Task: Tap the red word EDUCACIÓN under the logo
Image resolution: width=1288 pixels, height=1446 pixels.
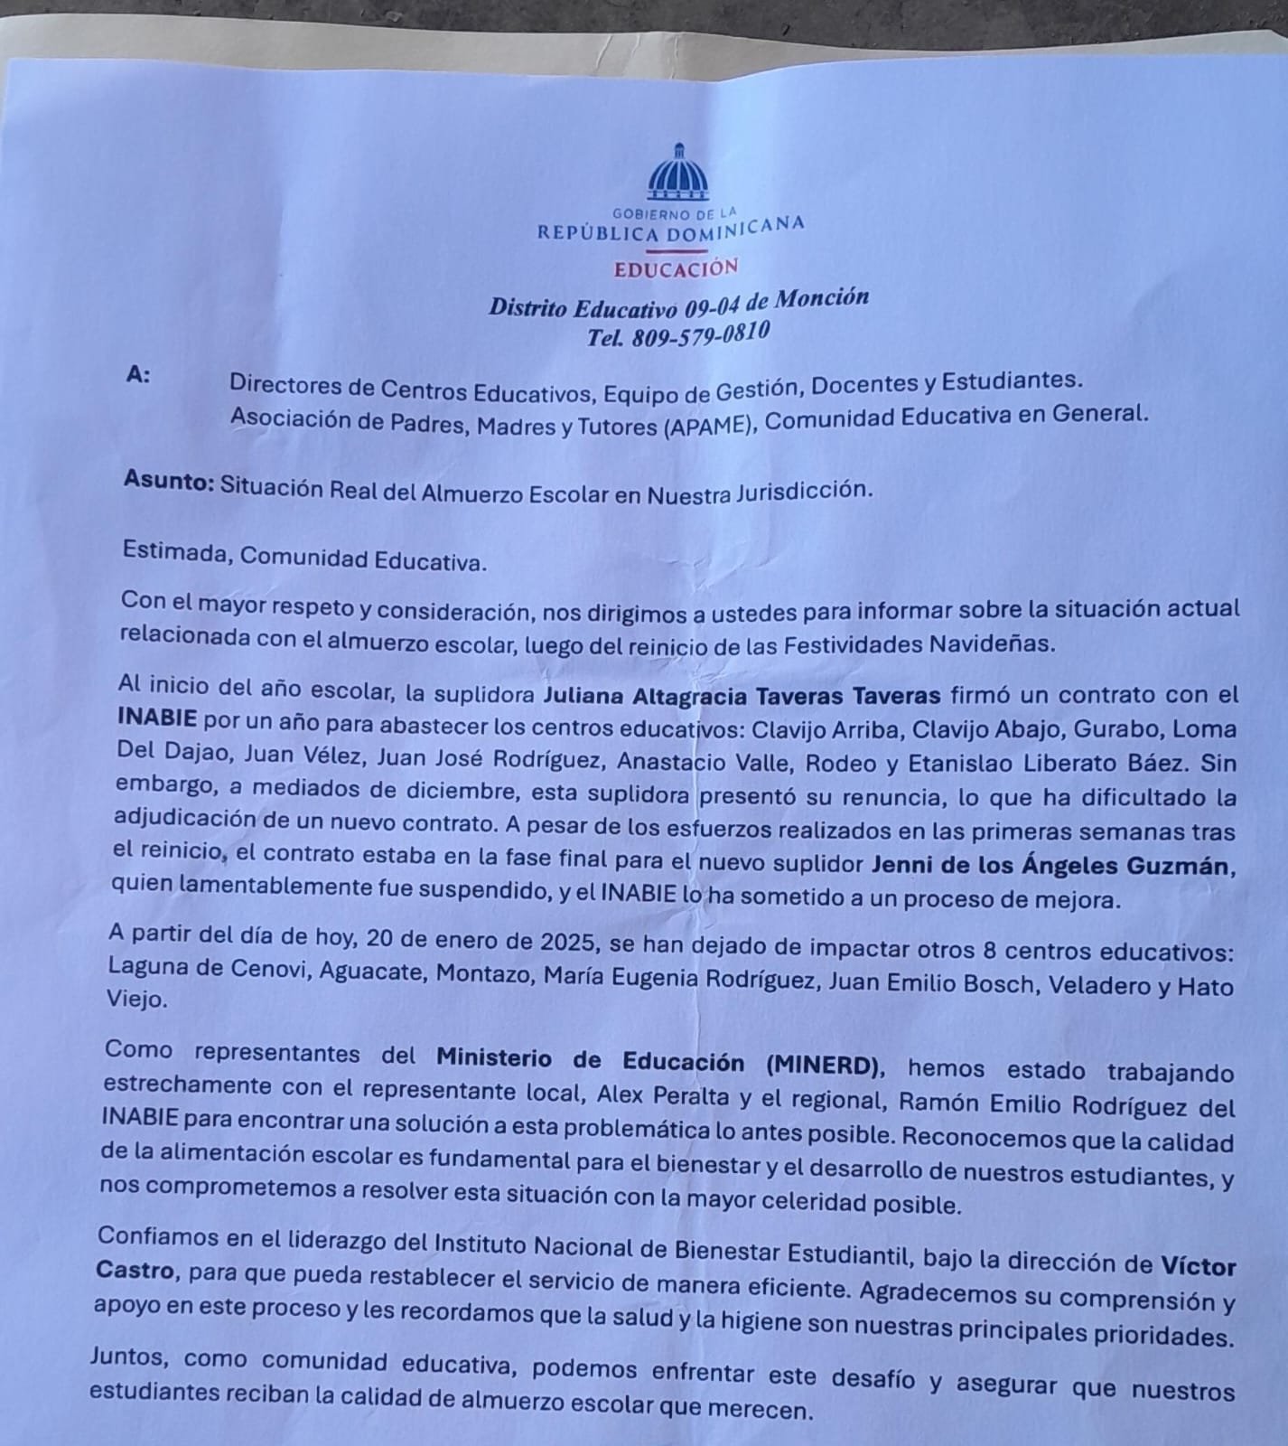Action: pos(676,268)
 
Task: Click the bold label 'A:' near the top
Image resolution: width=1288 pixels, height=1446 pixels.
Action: pos(138,375)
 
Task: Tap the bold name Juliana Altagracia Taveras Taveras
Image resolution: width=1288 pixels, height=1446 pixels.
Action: pos(742,696)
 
